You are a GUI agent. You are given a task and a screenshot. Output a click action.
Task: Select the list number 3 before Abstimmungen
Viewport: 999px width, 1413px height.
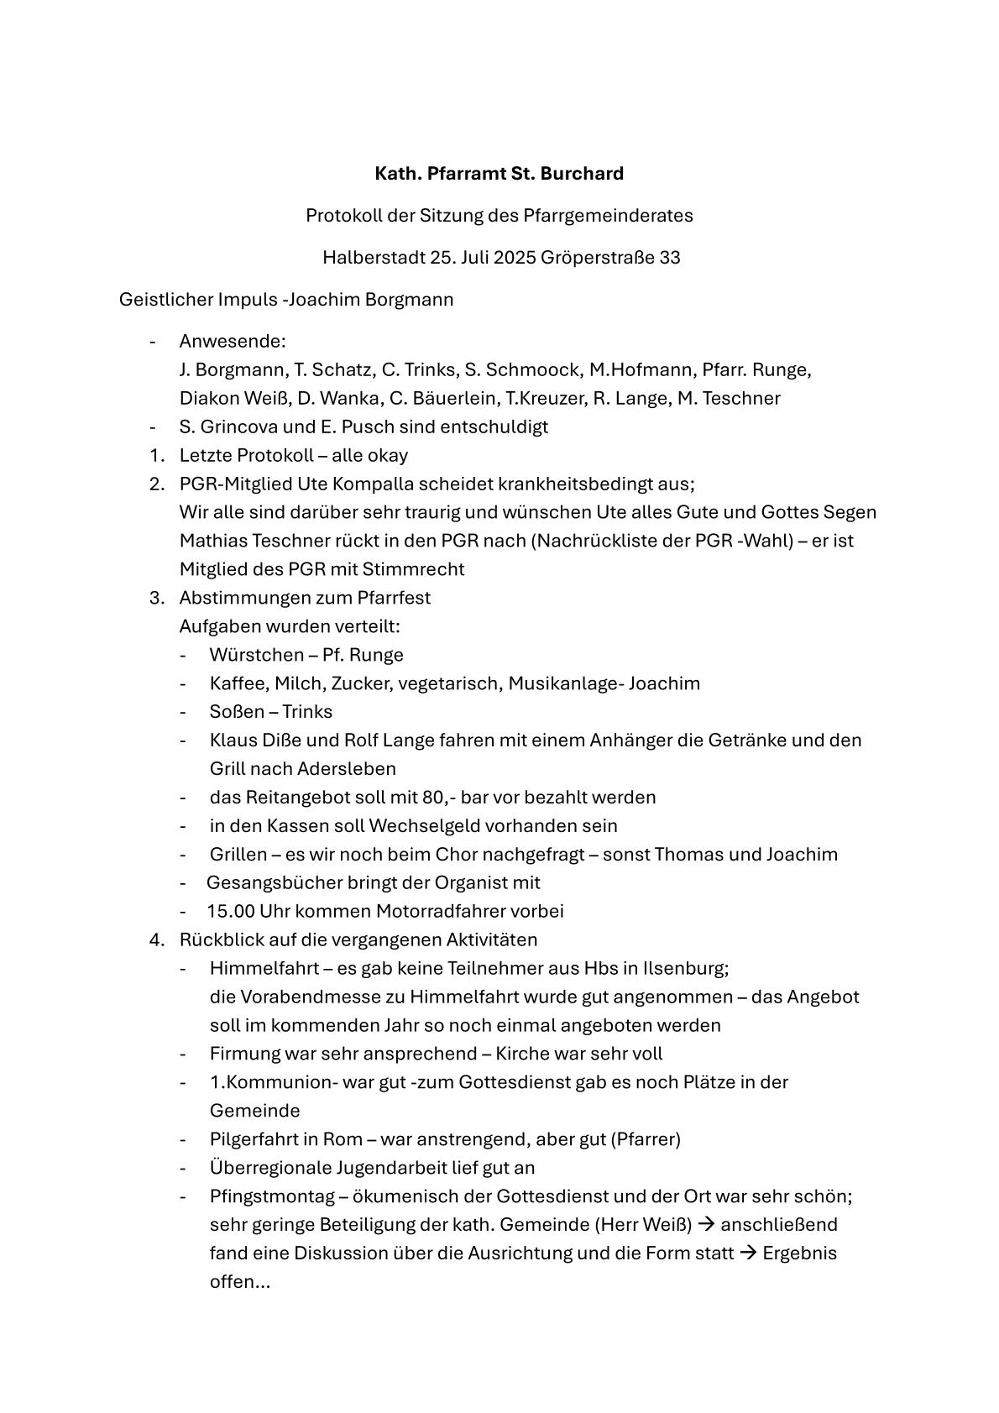coord(155,598)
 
